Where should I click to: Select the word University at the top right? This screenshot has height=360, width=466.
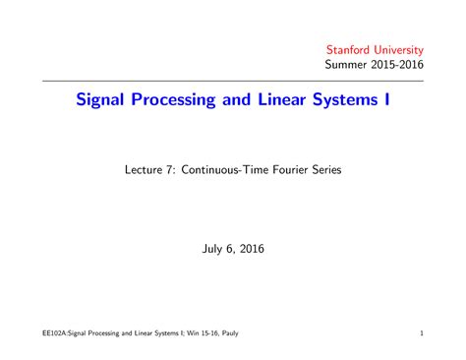click(399, 49)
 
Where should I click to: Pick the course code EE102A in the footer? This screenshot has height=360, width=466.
click(44, 333)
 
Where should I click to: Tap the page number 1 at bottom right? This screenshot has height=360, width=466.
click(421, 333)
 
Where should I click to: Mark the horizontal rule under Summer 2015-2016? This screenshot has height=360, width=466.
click(233, 81)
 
